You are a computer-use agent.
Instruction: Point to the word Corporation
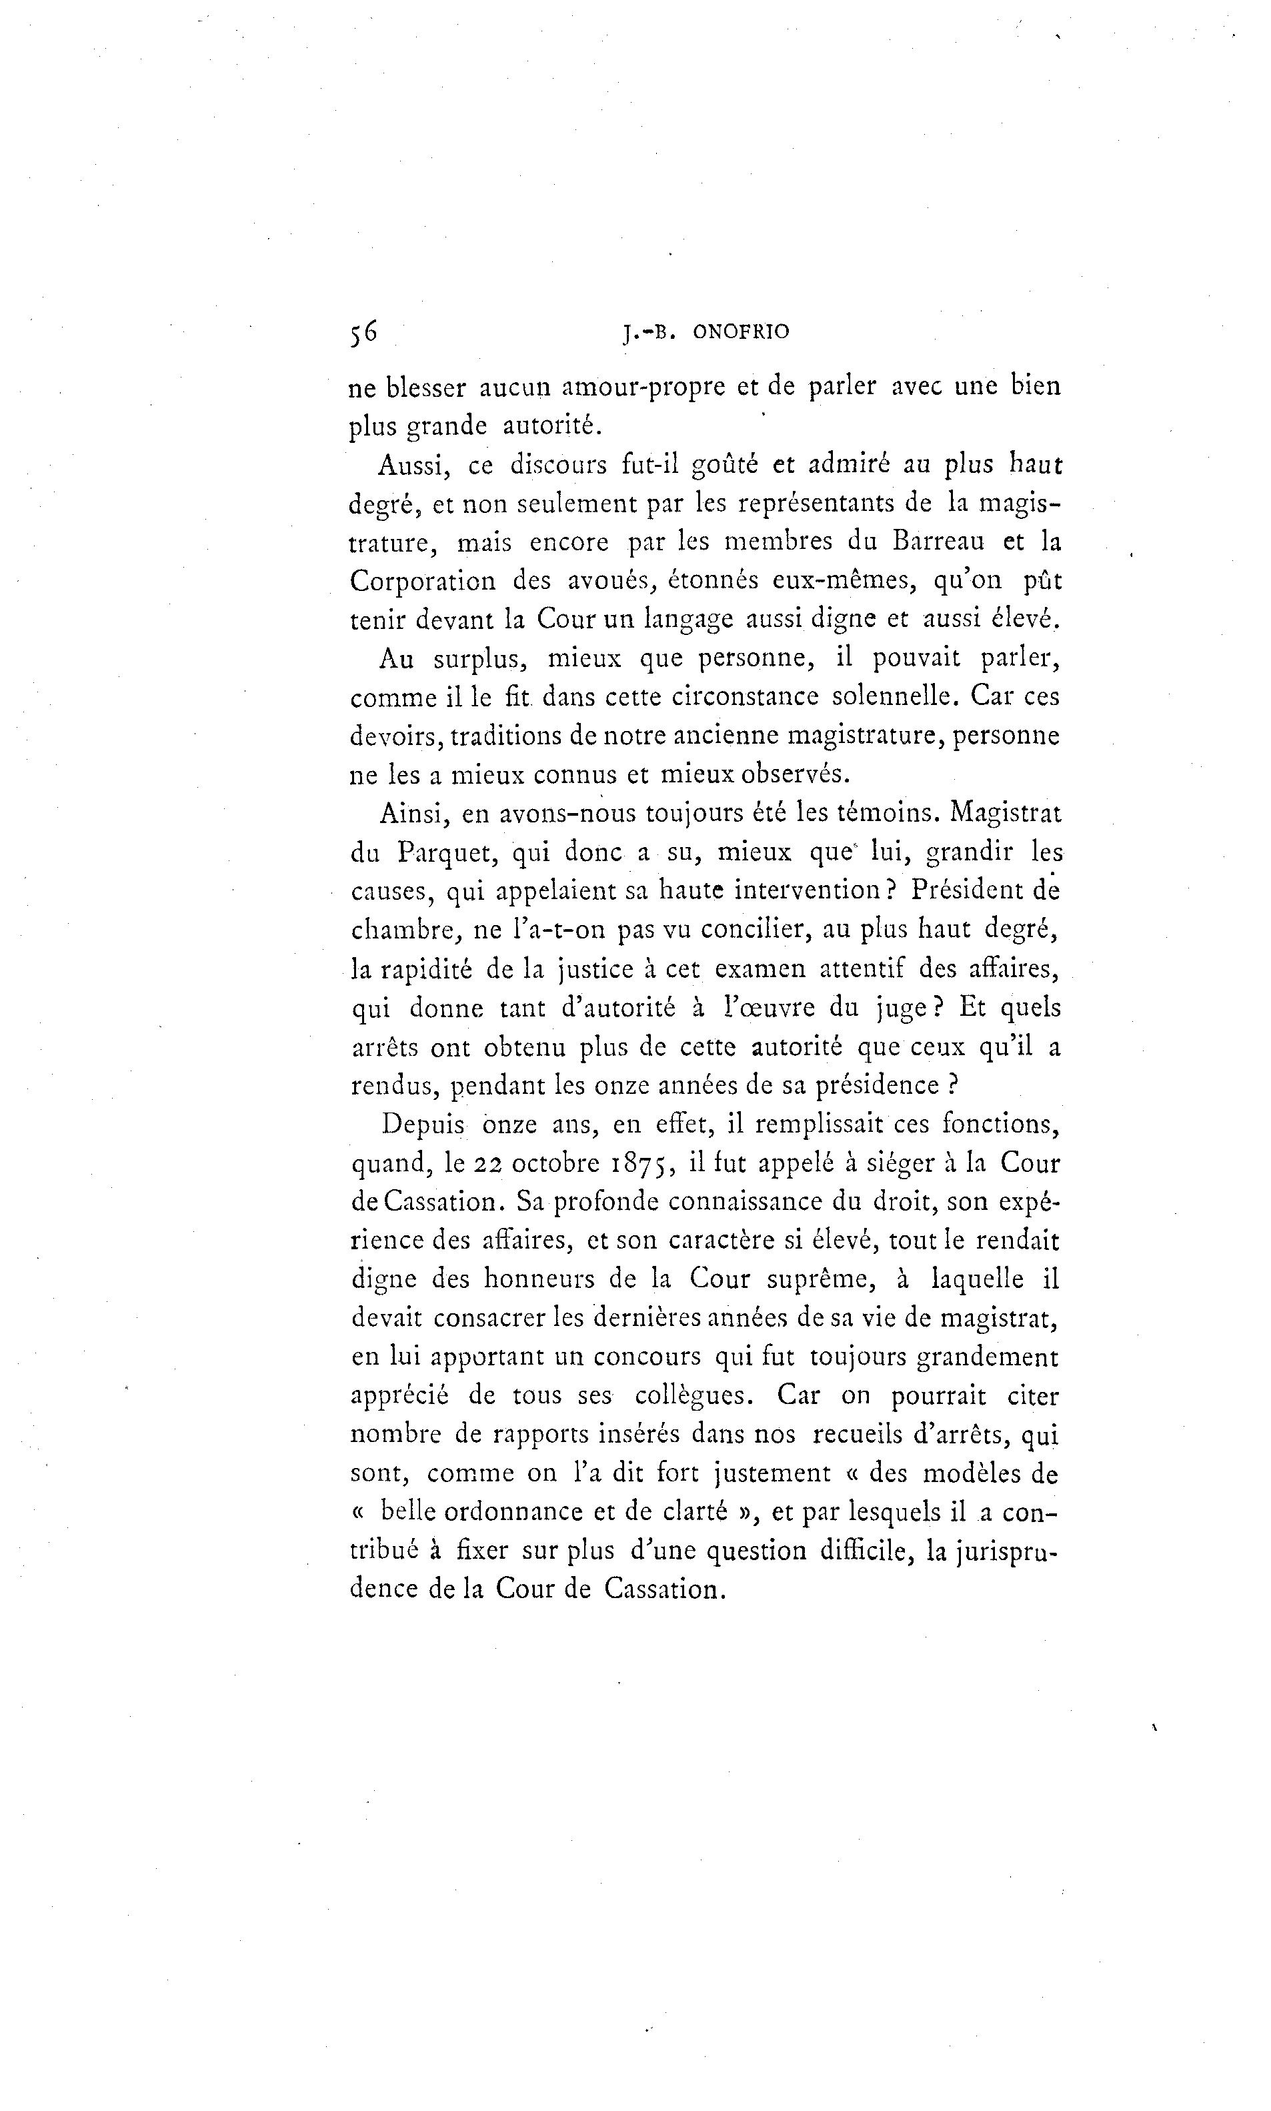(423, 582)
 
